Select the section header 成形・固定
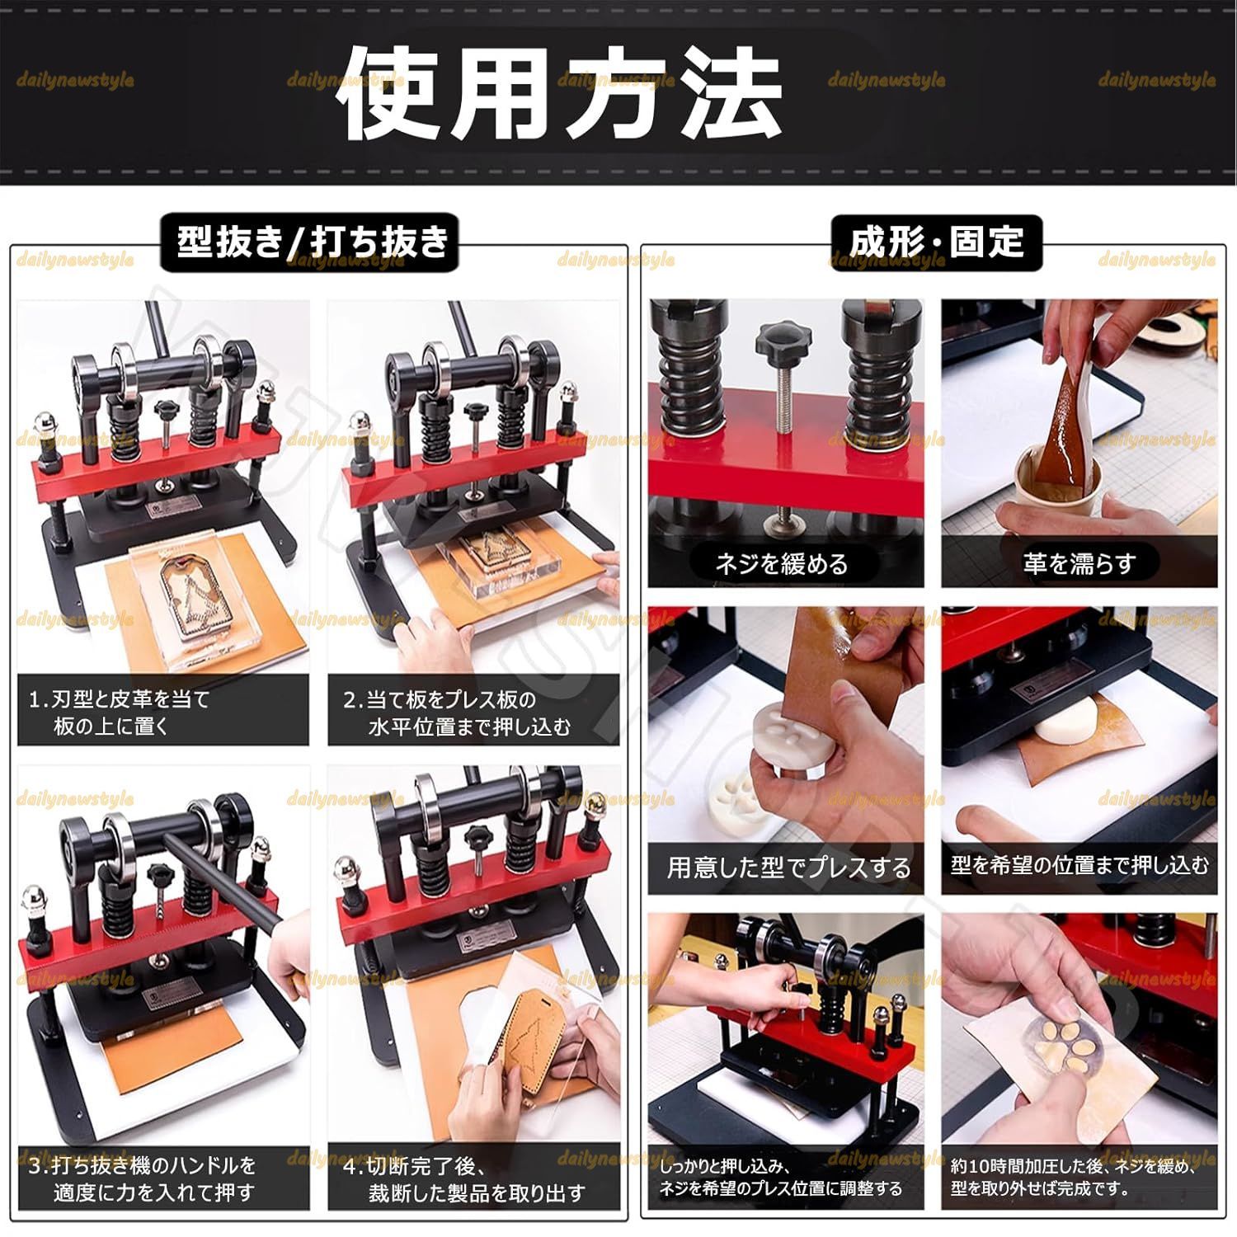[936, 242]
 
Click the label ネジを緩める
[781, 564]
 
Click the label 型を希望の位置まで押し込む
[1079, 865]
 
